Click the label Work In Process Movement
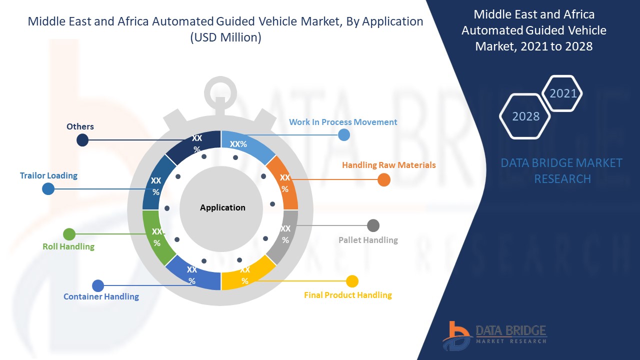[343, 122]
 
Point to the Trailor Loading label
[48, 175]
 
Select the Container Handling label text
[101, 296]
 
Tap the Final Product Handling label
[347, 295]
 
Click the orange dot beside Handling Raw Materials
[384, 180]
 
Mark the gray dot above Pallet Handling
[373, 225]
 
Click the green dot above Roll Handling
[69, 234]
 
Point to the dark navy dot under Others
[82, 140]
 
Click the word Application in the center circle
[222, 207]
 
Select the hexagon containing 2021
[562, 93]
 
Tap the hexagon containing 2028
[525, 116]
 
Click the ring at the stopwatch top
[220, 90]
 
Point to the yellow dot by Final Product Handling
[352, 281]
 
